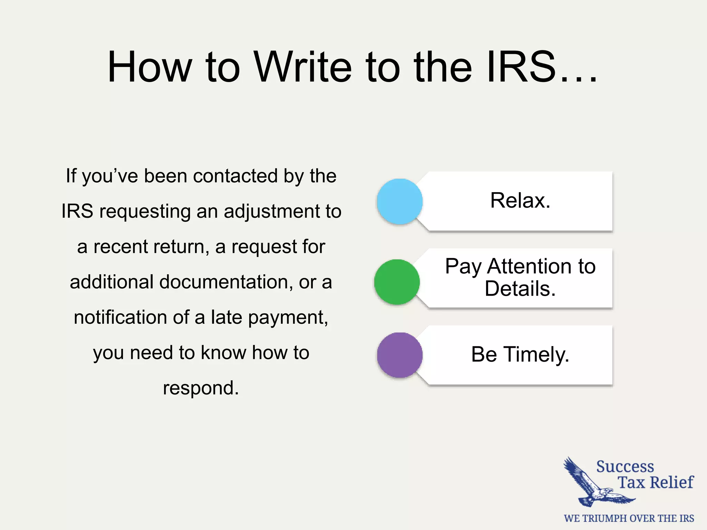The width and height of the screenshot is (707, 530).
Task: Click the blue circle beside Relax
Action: [400, 202]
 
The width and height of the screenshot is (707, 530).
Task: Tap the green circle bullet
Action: [397, 282]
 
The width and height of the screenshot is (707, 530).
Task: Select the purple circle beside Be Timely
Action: [400, 355]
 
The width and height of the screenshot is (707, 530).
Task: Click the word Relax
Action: [520, 200]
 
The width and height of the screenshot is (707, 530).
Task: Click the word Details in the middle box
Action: [520, 289]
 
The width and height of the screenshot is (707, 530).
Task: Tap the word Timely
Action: [536, 354]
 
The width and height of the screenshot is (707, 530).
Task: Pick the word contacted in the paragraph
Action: [235, 176]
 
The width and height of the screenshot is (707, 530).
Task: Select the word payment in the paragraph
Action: [288, 318]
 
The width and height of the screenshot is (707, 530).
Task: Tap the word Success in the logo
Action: [625, 467]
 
